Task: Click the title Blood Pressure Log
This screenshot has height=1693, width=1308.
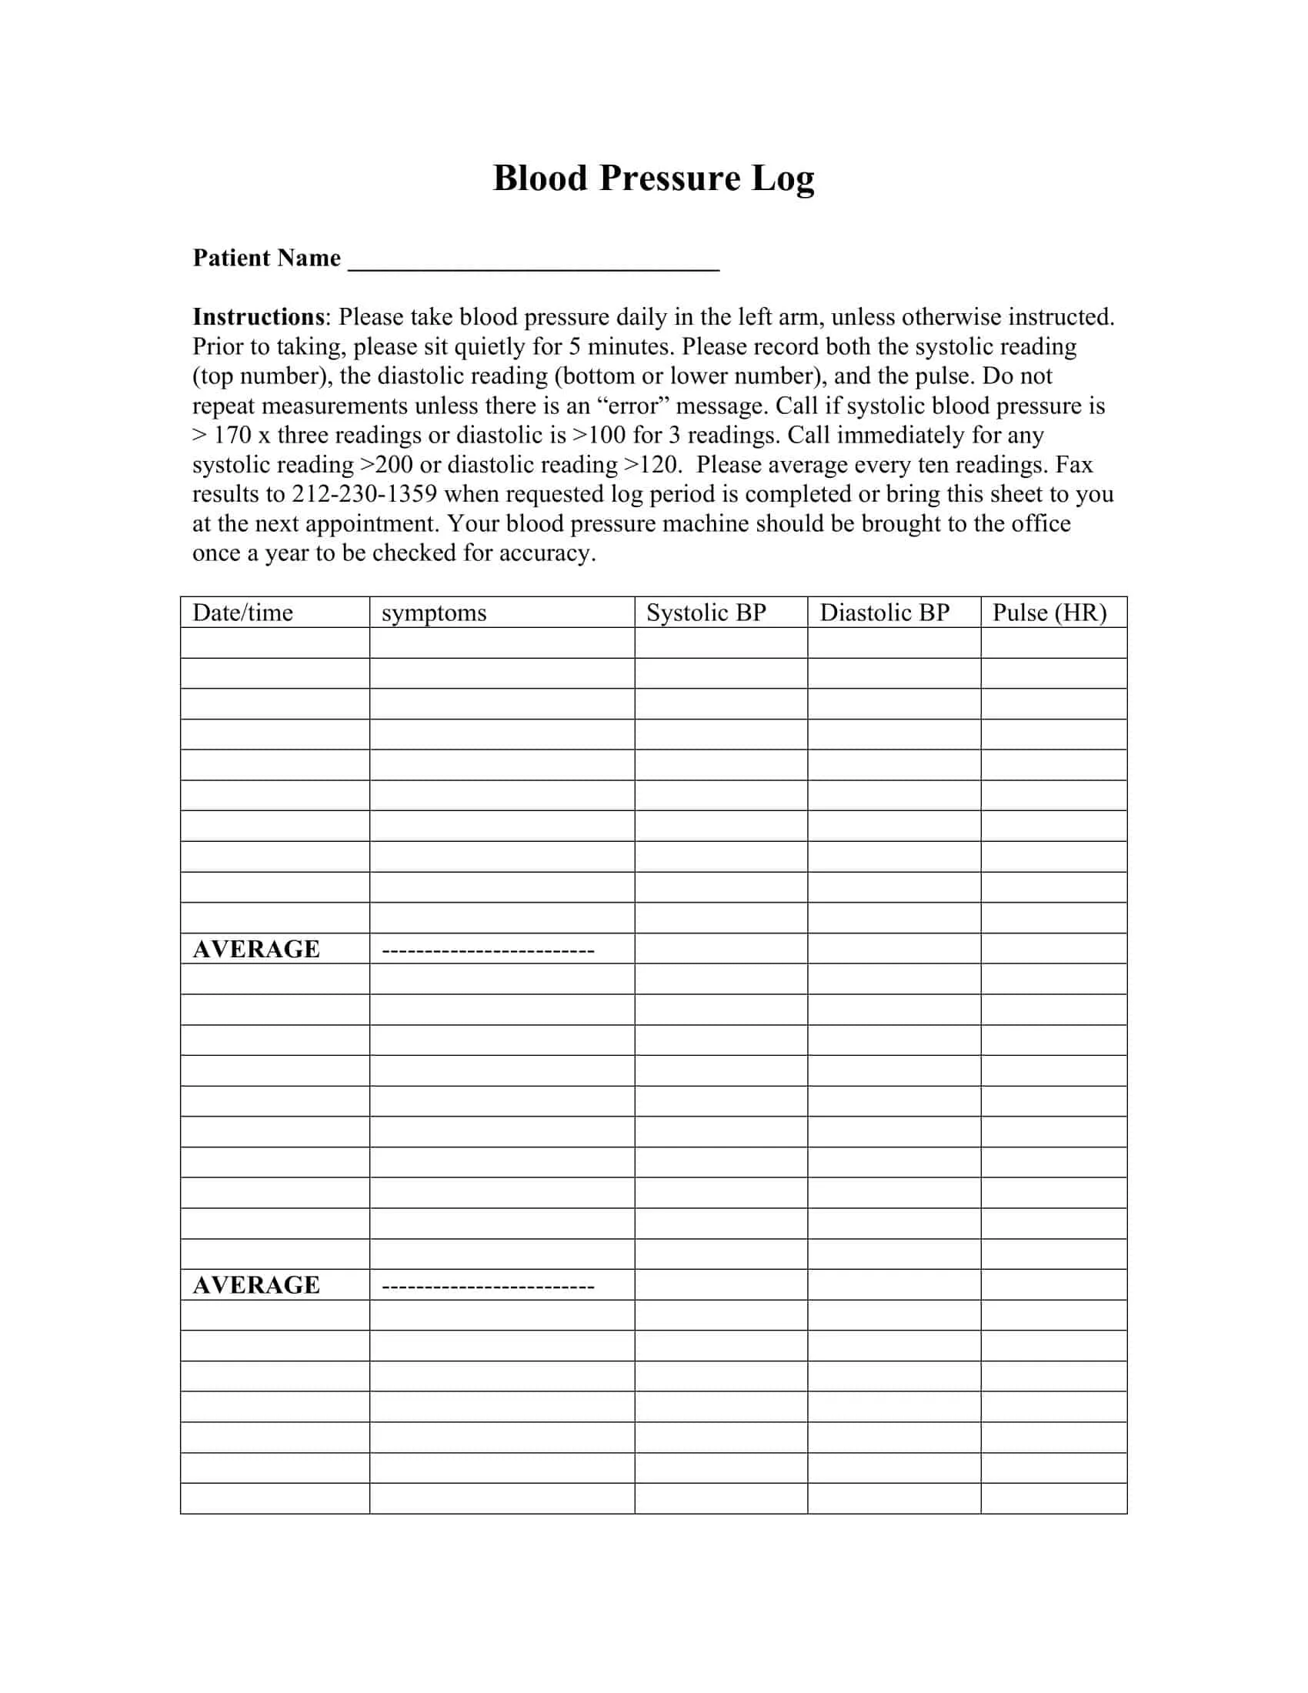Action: [x=653, y=179]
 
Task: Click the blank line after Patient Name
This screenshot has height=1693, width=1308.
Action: [x=534, y=260]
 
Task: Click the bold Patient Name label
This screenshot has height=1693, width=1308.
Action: [x=266, y=257]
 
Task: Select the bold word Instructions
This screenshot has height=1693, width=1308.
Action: [x=258, y=317]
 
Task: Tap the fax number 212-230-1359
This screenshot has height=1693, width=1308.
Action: [x=364, y=494]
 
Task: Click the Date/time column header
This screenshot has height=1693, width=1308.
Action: [x=242, y=613]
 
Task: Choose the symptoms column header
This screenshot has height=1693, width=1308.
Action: [x=434, y=613]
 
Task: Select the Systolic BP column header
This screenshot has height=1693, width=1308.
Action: [x=706, y=613]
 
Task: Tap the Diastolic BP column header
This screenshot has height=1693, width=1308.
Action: [x=884, y=613]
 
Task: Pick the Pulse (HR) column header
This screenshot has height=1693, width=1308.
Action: [x=1049, y=613]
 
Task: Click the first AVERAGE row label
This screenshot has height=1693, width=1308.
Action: [x=256, y=949]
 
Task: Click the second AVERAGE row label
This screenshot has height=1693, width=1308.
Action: [x=256, y=1285]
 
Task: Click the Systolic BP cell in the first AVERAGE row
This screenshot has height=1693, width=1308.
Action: [x=721, y=949]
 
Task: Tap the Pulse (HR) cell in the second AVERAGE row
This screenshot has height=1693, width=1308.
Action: [x=1054, y=1285]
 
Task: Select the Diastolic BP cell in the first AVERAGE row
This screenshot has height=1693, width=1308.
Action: [x=893, y=949]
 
